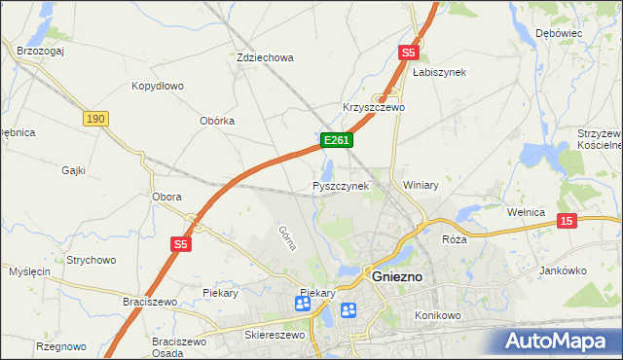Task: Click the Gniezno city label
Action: click(x=398, y=277)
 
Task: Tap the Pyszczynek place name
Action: click(x=341, y=185)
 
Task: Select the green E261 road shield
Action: click(x=337, y=141)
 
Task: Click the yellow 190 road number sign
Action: click(x=94, y=118)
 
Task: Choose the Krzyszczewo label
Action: click(x=373, y=107)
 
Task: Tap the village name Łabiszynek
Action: click(x=439, y=72)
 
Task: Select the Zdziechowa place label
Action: click(x=265, y=57)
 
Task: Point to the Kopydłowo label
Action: click(x=158, y=86)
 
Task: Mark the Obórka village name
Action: click(x=217, y=121)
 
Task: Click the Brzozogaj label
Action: click(x=40, y=50)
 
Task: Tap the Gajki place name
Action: click(x=73, y=170)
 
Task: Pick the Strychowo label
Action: click(x=92, y=260)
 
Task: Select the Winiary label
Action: click(x=421, y=185)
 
